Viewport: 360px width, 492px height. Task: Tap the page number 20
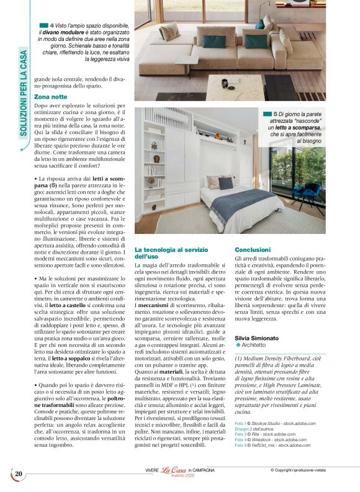[x=19, y=474]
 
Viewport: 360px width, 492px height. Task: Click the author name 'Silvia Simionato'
[x=257, y=338]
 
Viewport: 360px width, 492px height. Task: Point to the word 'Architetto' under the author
[x=254, y=345]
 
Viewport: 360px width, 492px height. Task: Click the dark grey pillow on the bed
[x=226, y=183]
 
